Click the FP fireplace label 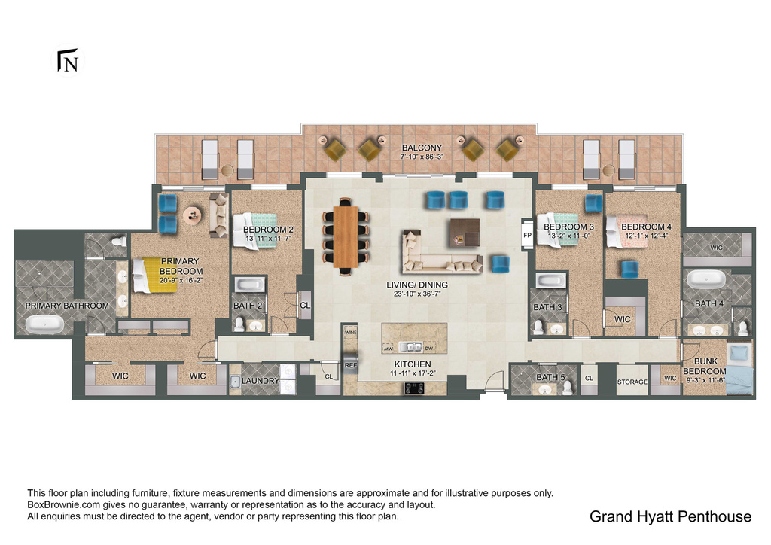point(526,234)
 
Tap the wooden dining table point(346,236)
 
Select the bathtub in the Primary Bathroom point(45,324)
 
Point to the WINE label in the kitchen point(350,331)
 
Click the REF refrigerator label point(350,364)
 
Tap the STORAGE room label point(632,382)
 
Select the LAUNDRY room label point(261,381)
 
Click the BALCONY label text point(422,148)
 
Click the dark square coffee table point(463,231)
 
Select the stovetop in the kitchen point(415,388)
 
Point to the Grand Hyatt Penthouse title point(670,516)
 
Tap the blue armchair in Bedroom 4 point(629,268)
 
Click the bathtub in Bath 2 point(249,285)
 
